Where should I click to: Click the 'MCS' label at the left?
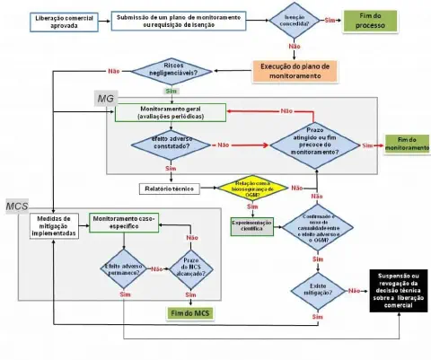click(18, 207)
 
